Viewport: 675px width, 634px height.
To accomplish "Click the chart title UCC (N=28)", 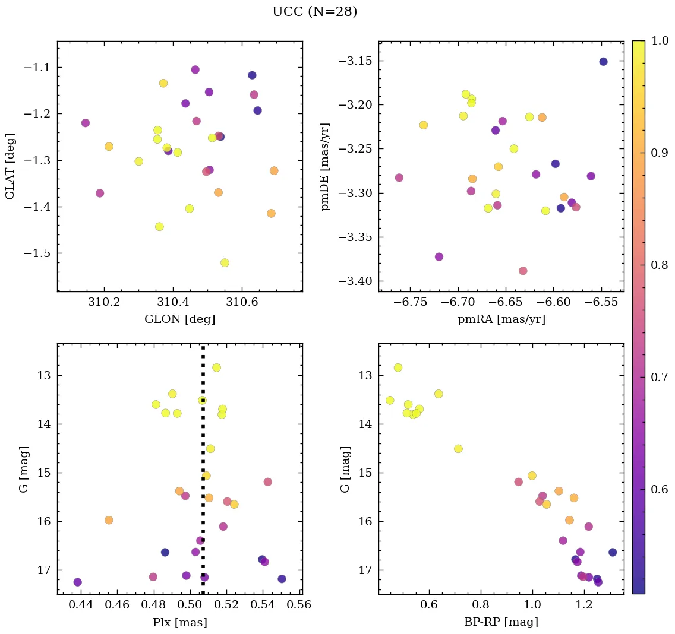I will coord(314,12).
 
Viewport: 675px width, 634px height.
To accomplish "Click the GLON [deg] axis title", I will coord(179,319).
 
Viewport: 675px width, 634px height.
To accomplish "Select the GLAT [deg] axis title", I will coord(10,166).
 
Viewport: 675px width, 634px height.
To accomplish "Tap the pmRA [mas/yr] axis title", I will coord(501,319).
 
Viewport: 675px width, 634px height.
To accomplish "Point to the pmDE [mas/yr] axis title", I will coord(326,166).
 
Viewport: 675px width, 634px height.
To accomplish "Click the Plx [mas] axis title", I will coord(179,622).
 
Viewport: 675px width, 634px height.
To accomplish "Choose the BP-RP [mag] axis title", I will coord(501,622).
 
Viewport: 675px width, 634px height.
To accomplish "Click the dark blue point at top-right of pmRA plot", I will coord(603,62).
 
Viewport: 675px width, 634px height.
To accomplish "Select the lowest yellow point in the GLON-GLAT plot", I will coord(225,263).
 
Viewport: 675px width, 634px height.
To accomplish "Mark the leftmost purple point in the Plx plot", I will coord(77,582).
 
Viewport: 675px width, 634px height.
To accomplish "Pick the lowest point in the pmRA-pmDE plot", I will coord(523,271).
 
